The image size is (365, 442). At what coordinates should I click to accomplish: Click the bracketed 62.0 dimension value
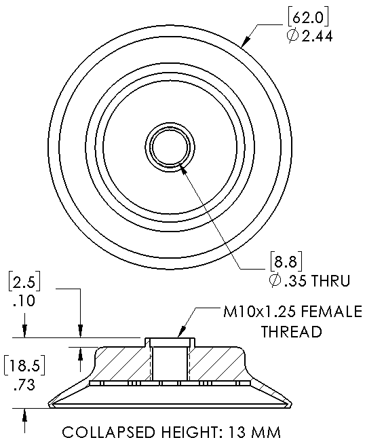(308, 18)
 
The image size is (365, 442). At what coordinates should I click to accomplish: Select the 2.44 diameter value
(317, 37)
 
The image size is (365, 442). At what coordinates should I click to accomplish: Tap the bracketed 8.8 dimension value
(286, 262)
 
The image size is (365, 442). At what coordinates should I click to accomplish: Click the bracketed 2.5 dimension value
(24, 282)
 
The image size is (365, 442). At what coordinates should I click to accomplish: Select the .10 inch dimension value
(24, 301)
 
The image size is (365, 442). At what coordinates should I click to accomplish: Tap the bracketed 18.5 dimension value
(24, 366)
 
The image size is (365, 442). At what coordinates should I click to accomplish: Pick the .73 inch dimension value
(24, 385)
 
